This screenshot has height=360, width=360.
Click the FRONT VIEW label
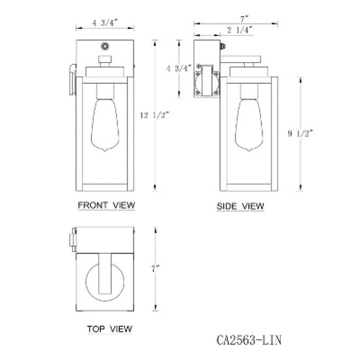[x=106, y=206]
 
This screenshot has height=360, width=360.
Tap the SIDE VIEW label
[x=240, y=207]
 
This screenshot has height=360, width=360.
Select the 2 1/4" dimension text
[x=240, y=30]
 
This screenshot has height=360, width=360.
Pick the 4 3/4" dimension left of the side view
[x=179, y=68]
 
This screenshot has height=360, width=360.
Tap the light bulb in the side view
[x=250, y=124]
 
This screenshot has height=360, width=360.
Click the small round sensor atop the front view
[x=105, y=47]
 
